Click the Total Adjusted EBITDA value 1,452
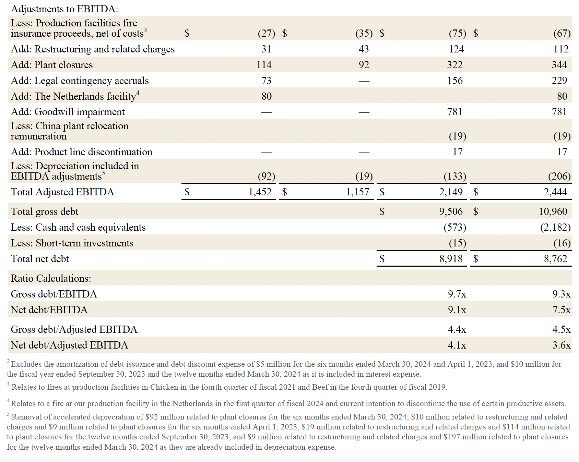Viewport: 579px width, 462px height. (260, 192)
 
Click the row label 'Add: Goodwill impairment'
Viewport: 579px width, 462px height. (68, 112)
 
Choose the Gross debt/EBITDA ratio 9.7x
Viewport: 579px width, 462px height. (457, 294)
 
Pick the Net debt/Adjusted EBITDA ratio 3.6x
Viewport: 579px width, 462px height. (561, 345)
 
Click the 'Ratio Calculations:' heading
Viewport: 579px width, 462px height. (51, 278)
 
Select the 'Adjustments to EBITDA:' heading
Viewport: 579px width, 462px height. (64, 9)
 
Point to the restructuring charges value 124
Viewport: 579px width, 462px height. (456, 49)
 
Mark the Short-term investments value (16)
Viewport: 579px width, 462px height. (562, 243)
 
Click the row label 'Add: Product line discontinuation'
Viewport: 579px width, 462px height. (81, 152)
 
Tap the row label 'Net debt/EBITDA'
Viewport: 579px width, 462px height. (49, 310)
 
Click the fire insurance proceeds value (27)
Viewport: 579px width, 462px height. (266, 33)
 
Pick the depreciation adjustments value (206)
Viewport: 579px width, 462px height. (559, 176)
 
